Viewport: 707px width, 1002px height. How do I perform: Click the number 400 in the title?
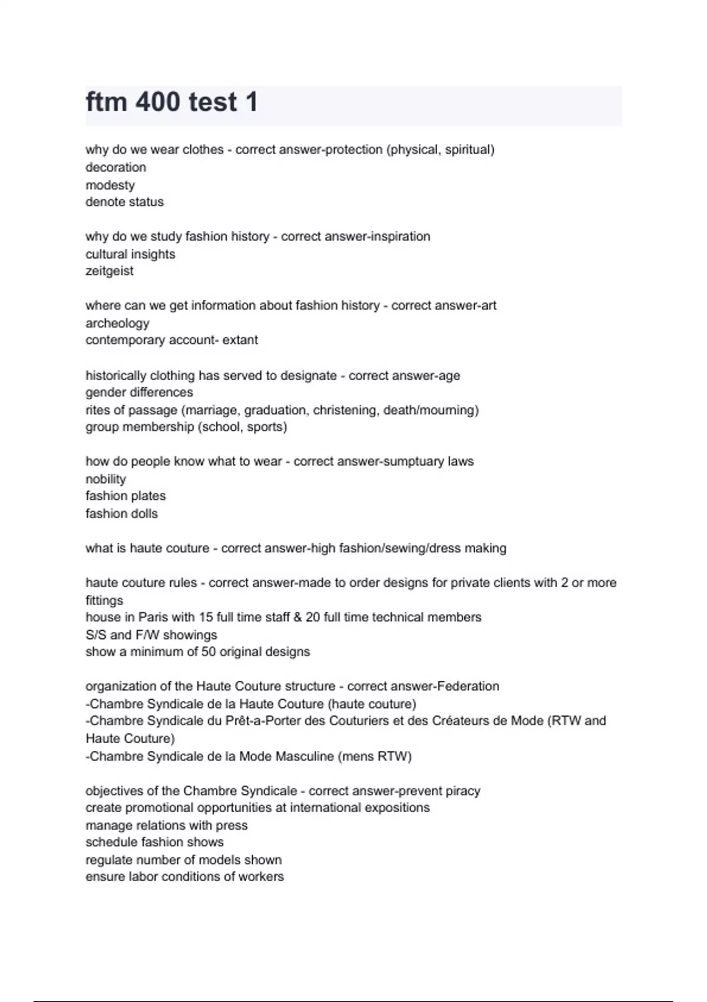point(158,102)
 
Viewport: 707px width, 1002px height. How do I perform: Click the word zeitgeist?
point(110,271)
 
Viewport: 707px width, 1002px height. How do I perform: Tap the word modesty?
point(110,185)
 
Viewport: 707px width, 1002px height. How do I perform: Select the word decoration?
point(115,167)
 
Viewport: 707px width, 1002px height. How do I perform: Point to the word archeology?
point(117,323)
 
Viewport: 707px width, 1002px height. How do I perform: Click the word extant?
point(240,340)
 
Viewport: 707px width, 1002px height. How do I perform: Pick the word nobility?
point(105,479)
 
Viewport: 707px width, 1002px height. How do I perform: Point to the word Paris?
point(153,617)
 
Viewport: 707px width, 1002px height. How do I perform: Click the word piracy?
point(462,791)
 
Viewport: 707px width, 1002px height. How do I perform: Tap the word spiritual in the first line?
point(469,150)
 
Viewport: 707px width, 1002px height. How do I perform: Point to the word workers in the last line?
point(261,877)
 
